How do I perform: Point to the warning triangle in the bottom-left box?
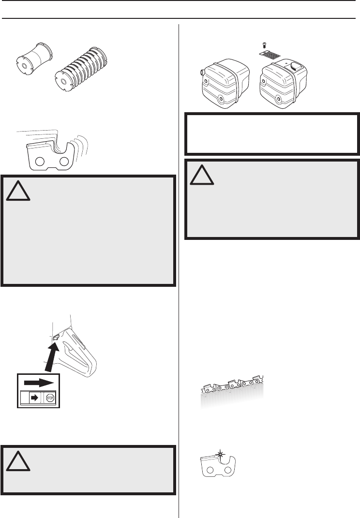(19, 463)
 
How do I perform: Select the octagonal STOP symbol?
(50, 398)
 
